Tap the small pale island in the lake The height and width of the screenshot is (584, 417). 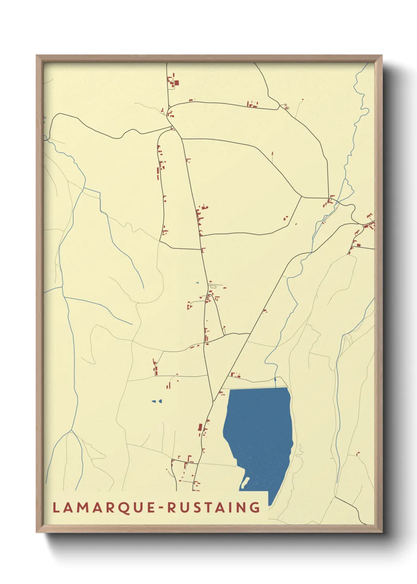pos(245,482)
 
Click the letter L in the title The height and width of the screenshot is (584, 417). pos(56,507)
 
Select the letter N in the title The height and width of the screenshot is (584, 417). pos(244,507)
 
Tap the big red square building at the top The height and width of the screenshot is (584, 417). pos(176,83)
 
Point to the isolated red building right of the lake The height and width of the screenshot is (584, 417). pos(358,454)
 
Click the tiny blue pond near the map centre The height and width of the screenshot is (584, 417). pos(197,283)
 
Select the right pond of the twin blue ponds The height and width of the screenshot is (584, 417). pos(160,401)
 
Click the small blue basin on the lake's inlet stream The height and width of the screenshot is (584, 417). pos(275,380)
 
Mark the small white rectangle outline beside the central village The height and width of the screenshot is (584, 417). pos(213,286)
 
